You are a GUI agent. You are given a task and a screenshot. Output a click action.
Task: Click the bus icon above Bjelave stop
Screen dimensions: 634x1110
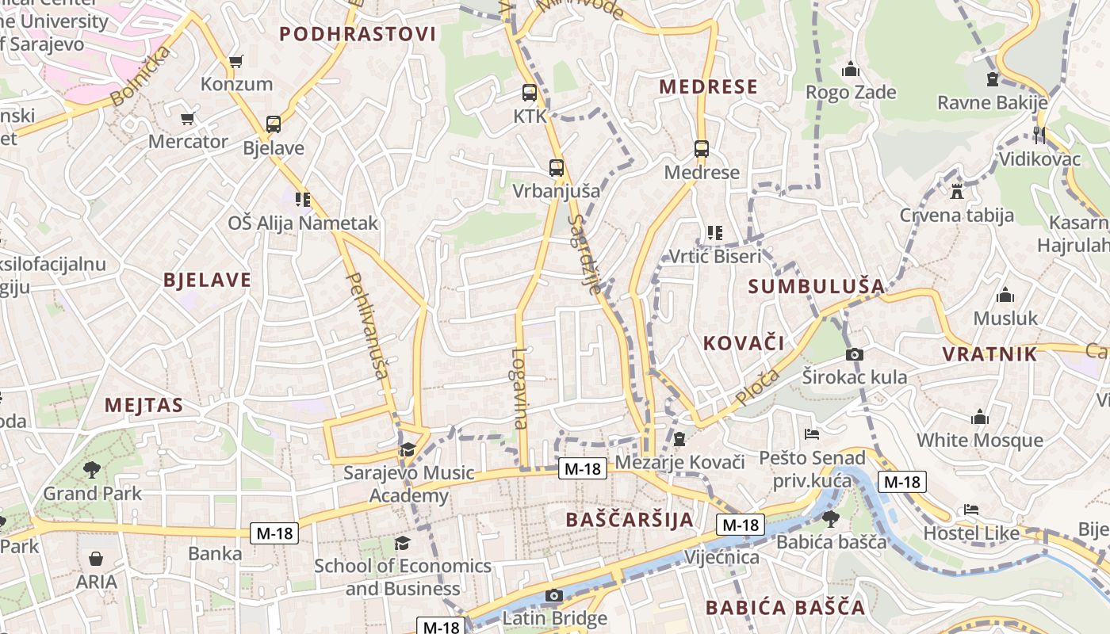[274, 124]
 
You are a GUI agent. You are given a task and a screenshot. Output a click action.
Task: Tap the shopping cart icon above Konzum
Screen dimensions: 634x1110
[235, 61]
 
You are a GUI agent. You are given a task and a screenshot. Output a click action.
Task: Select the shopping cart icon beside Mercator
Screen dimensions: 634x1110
[188, 119]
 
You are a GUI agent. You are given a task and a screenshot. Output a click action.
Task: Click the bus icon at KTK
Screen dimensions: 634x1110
[530, 93]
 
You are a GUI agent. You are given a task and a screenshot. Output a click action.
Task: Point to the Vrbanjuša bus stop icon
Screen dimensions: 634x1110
[557, 168]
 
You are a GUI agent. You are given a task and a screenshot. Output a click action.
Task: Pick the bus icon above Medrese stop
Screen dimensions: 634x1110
[702, 149]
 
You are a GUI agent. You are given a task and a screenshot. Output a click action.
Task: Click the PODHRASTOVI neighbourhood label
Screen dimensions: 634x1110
[358, 34]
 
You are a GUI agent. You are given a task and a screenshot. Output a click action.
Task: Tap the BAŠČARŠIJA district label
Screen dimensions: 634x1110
[630, 520]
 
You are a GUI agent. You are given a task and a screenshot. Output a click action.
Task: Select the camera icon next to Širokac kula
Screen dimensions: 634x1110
[855, 354]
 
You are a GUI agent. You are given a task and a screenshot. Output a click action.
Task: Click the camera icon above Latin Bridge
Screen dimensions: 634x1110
[554, 596]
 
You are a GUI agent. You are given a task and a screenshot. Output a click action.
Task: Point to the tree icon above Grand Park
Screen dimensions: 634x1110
[92, 469]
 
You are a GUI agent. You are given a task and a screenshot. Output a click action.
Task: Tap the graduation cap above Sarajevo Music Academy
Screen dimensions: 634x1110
[408, 450]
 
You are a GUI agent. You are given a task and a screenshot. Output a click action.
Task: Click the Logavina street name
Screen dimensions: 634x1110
[520, 388]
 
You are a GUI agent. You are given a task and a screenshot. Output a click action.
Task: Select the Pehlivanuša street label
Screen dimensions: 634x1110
[366, 325]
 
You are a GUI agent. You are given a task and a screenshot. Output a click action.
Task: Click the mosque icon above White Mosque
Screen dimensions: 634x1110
[980, 418]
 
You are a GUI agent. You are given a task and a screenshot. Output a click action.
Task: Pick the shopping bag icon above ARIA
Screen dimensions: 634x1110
[96, 559]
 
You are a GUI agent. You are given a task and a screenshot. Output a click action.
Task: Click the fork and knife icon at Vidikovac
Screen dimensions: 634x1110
[1039, 136]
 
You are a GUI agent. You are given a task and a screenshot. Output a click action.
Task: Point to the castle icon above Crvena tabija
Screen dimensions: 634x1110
[956, 192]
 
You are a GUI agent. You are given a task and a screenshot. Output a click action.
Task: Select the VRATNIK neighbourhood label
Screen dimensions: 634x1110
[989, 354]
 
